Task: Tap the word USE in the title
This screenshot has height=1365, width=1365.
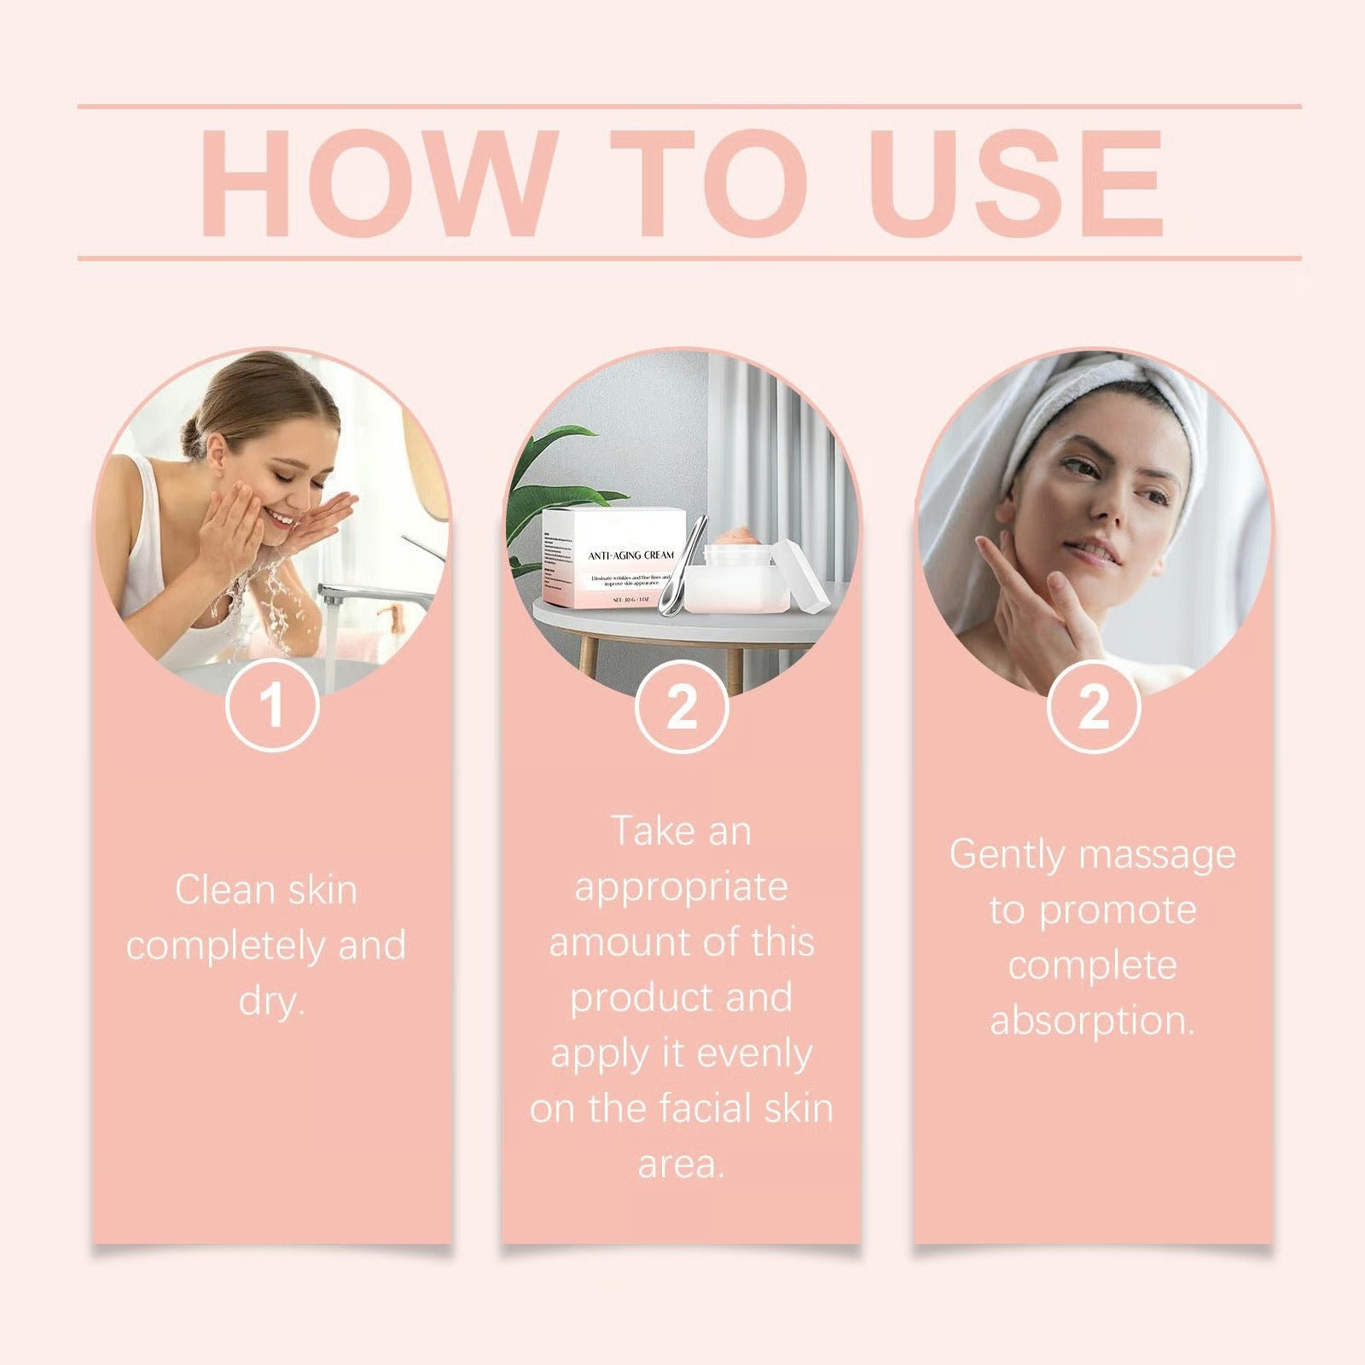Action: coord(1016,183)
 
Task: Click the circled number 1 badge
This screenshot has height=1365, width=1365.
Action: coord(272,706)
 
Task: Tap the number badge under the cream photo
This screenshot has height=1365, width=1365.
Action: coord(681,706)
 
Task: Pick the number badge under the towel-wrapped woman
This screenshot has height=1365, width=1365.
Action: coord(1093,706)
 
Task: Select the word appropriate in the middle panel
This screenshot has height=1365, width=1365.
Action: coord(681,888)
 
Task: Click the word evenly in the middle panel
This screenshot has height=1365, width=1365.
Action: coord(755,1054)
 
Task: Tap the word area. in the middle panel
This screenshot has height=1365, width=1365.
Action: coord(681,1165)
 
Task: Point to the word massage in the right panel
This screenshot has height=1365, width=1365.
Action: coord(1151,856)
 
